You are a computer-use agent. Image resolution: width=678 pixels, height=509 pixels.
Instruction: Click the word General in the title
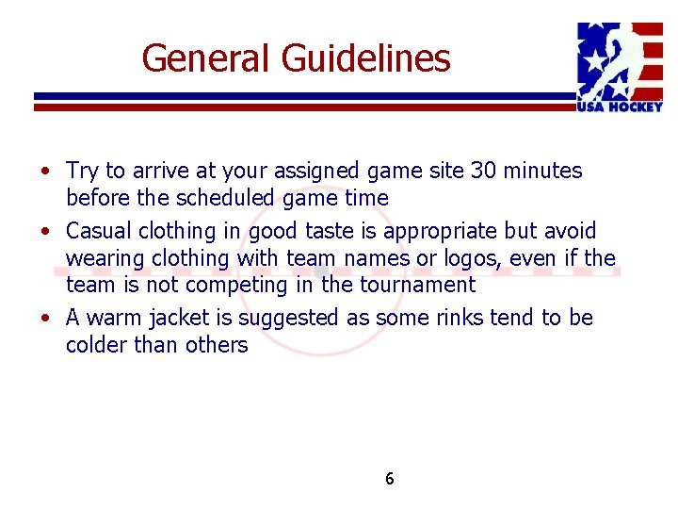[205, 58]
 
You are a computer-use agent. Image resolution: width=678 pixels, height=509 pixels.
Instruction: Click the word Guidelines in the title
[365, 58]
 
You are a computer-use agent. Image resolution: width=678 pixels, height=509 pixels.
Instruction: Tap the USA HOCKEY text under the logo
[620, 107]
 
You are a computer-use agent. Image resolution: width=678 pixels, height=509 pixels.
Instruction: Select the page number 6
[390, 479]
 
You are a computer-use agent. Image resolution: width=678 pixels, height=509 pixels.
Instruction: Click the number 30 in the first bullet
[484, 171]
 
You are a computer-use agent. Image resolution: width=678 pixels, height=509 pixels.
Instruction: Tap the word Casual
[99, 231]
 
